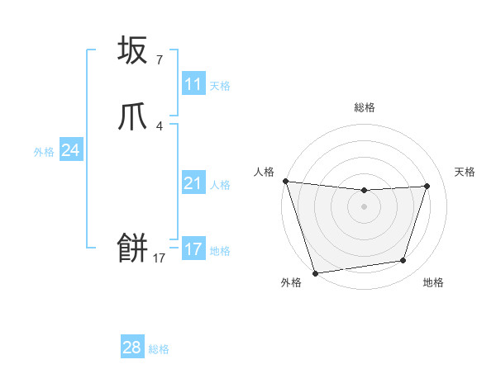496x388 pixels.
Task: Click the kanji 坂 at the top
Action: click(x=133, y=51)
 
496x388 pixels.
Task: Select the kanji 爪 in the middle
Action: click(x=133, y=117)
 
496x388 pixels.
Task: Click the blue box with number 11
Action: click(x=193, y=84)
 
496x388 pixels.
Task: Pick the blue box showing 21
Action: click(x=193, y=183)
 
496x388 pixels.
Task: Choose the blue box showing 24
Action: click(x=71, y=150)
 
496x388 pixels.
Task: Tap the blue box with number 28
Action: click(x=132, y=348)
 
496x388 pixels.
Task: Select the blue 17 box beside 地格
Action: click(x=193, y=249)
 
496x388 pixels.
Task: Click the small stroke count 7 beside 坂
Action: click(x=159, y=60)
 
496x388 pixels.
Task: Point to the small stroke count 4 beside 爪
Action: click(x=159, y=126)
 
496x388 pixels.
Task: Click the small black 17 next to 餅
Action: click(x=159, y=258)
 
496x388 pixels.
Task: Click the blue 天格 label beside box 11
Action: click(x=220, y=86)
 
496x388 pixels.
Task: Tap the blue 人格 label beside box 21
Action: click(x=220, y=185)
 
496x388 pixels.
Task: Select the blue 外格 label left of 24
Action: click(x=44, y=152)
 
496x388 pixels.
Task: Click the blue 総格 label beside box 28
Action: click(x=159, y=349)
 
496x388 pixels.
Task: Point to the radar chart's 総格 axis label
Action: click(x=365, y=107)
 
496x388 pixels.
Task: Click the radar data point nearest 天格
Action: click(x=427, y=186)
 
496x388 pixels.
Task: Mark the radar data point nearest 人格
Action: click(x=285, y=181)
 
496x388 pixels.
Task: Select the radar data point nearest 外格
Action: click(x=315, y=272)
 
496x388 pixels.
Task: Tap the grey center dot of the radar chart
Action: click(x=365, y=206)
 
